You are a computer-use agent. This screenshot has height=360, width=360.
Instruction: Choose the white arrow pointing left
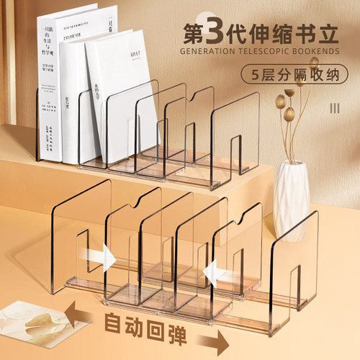(x=215, y=271)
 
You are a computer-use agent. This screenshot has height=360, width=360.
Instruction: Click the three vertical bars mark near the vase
(x=333, y=108)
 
